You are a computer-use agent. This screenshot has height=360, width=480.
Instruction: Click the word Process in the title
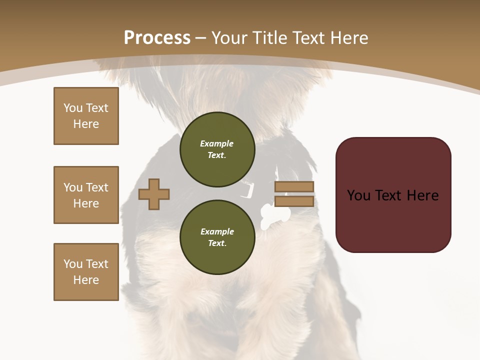[157, 38]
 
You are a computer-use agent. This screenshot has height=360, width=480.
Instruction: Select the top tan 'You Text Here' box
[86, 116]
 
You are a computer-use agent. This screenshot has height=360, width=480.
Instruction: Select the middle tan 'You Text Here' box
[86, 195]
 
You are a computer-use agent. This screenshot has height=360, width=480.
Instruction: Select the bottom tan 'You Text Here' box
[86, 272]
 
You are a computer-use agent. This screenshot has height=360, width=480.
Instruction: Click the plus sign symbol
[154, 194]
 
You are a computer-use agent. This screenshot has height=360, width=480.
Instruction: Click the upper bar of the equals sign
[294, 187]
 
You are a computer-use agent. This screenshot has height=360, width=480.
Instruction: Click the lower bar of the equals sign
[294, 201]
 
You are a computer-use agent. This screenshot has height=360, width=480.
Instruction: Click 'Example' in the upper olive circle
[216, 143]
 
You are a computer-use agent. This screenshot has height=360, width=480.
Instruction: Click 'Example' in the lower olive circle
[217, 231]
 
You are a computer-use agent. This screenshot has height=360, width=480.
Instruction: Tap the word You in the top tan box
[73, 108]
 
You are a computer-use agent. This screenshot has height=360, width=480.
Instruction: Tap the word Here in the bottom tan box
[86, 280]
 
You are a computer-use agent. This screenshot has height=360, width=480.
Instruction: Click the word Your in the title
[229, 38]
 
